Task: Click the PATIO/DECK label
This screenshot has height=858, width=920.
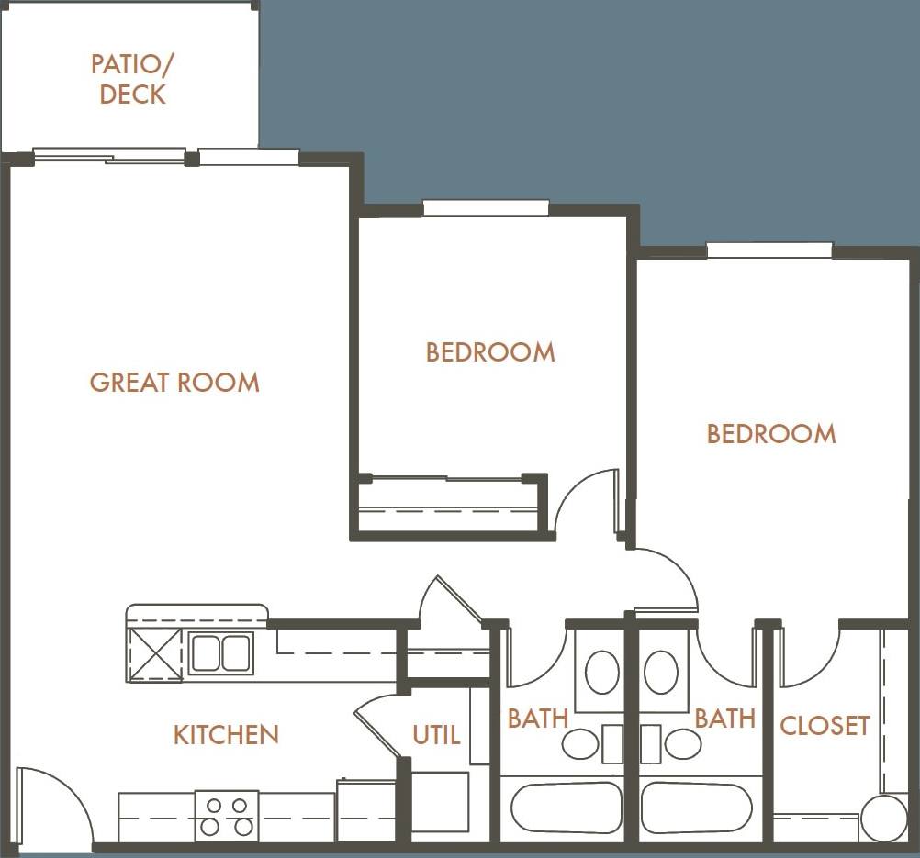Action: pyautogui.click(x=130, y=79)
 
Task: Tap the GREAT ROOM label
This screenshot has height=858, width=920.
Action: pyautogui.click(x=174, y=382)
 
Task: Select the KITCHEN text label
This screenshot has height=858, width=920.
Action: pyautogui.click(x=226, y=734)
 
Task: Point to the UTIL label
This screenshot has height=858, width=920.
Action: pyautogui.click(x=436, y=735)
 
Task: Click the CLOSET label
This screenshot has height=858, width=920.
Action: pyautogui.click(x=824, y=726)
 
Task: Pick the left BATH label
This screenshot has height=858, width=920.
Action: pyautogui.click(x=538, y=718)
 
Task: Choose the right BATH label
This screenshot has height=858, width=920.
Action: pyautogui.click(x=724, y=718)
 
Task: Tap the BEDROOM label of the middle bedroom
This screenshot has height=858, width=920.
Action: pyautogui.click(x=490, y=352)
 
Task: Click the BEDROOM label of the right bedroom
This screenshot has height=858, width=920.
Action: pyautogui.click(x=771, y=433)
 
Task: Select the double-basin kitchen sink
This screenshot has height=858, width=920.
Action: pyautogui.click(x=220, y=652)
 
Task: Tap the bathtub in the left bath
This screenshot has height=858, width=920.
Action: pyautogui.click(x=566, y=808)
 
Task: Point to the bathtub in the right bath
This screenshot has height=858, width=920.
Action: pyautogui.click(x=696, y=808)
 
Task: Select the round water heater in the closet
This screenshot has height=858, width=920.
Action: pyautogui.click(x=883, y=817)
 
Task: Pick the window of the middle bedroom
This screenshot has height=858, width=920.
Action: pyautogui.click(x=486, y=208)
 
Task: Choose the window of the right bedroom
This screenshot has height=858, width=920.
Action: pyautogui.click(x=769, y=251)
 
